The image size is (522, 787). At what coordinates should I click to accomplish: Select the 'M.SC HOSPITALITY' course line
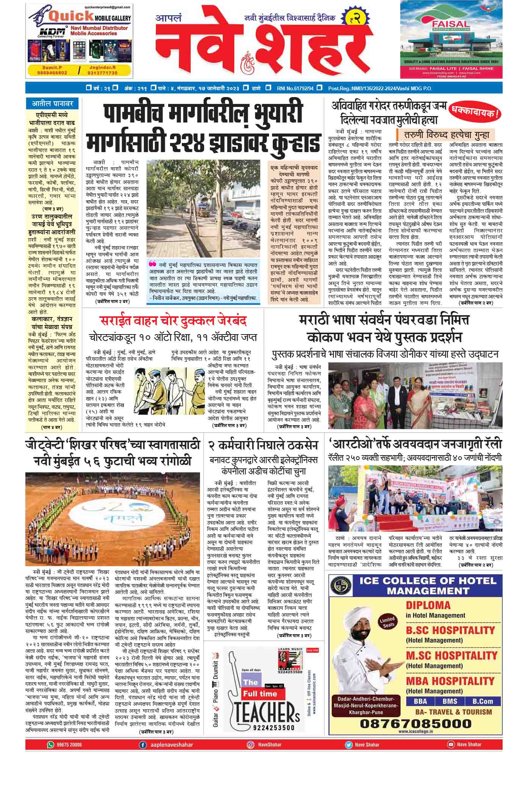pyautogui.click(x=450, y=655)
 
